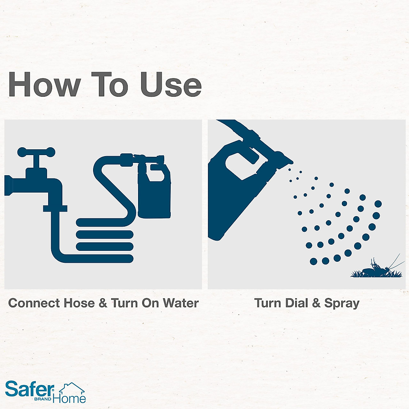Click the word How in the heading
tap(44, 85)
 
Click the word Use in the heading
tap(171, 85)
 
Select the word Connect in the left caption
tap(34, 303)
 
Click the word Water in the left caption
tap(180, 303)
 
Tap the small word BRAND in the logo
tap(43, 399)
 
